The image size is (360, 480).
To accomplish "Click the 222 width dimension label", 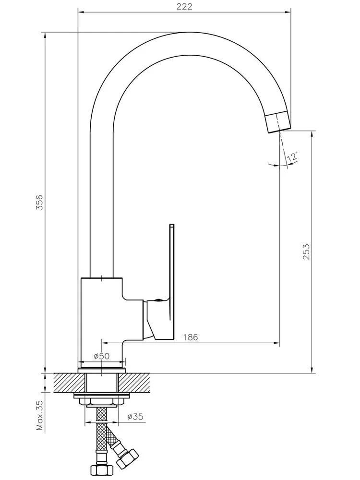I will (184, 6).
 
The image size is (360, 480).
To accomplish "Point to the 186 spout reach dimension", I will (191, 337).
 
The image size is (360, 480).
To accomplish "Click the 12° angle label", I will (292, 156).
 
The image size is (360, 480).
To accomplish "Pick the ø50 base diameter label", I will (102, 356).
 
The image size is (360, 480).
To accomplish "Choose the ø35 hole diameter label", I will (135, 417).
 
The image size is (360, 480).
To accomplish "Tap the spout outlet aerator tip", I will (278, 121).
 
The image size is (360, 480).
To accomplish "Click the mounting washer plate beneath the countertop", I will (102, 396).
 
